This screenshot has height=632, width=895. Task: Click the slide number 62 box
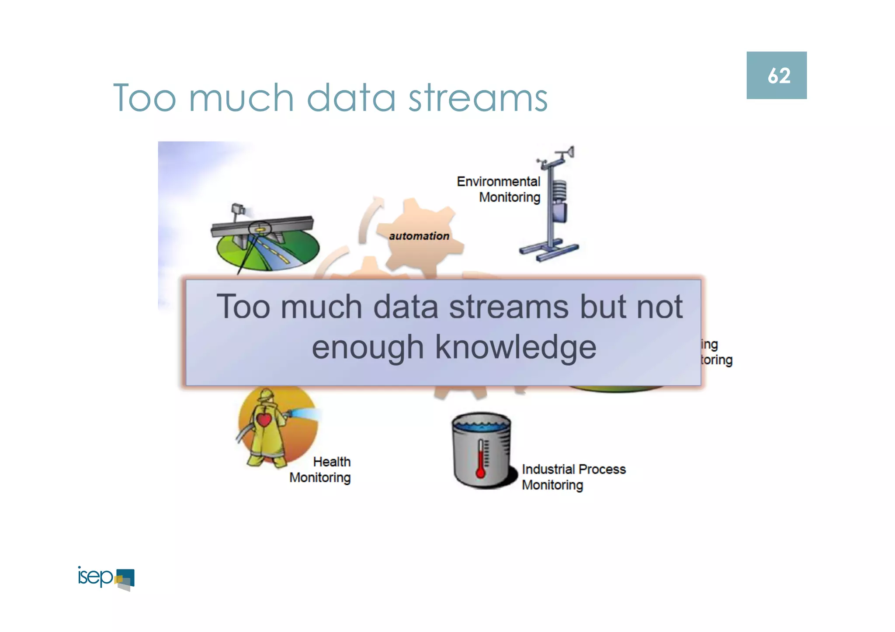pyautogui.click(x=776, y=75)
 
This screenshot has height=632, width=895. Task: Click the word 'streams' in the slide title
pyautogui.click(x=478, y=98)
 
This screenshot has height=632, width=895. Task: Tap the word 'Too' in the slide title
pyautogui.click(x=145, y=98)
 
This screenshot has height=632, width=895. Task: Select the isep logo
pyautogui.click(x=106, y=578)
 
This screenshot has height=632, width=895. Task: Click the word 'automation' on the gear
pyautogui.click(x=419, y=236)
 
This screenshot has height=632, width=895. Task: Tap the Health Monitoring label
pyautogui.click(x=321, y=470)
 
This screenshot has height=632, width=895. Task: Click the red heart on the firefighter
pyautogui.click(x=264, y=420)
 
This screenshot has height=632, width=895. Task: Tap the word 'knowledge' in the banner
pyautogui.click(x=516, y=348)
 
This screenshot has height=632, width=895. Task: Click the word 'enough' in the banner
pyautogui.click(x=367, y=348)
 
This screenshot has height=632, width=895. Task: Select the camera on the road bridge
pyautogui.click(x=238, y=209)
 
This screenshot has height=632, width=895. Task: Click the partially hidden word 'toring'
pyautogui.click(x=717, y=360)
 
